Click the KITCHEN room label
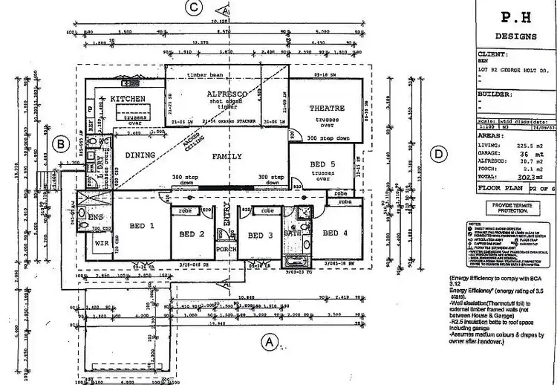point(127,98)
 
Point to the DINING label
point(139,155)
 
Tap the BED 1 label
point(141,225)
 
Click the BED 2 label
point(192,235)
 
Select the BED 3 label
point(260,236)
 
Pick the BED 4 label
point(335,233)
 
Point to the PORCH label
point(227,250)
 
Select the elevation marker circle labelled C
point(195,8)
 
